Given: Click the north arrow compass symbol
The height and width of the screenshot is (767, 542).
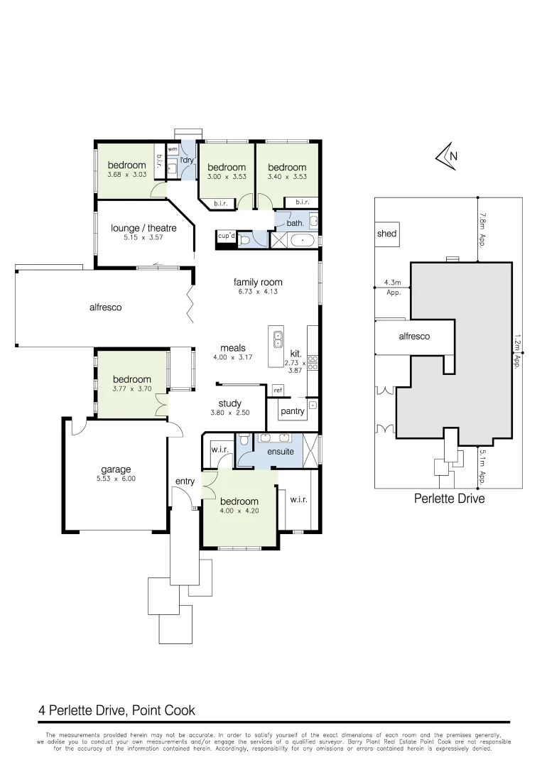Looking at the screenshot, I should [448, 158].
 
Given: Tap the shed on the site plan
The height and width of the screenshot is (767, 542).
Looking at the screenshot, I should [387, 234].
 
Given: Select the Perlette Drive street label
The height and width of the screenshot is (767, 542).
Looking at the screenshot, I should [449, 499].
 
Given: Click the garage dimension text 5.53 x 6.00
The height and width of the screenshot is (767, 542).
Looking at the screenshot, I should [116, 479].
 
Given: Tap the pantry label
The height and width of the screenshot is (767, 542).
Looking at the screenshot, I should [293, 411].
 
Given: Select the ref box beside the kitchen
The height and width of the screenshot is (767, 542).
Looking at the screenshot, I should [278, 391].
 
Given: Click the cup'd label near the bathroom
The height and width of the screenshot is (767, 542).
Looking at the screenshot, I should [226, 236].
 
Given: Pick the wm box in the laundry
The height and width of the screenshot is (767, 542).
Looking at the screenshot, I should [173, 149].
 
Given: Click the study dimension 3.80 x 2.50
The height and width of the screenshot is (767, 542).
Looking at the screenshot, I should [229, 413].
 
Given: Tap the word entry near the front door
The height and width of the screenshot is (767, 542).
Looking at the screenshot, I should [185, 482].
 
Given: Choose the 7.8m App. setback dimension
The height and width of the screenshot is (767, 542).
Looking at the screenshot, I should [482, 229].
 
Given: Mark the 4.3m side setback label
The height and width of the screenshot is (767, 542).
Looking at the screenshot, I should [393, 282].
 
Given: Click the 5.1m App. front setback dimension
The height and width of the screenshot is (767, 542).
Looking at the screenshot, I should [482, 467].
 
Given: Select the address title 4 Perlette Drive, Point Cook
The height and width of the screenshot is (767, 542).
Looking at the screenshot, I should [116, 710].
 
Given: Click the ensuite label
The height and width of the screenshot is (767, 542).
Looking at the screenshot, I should [280, 451].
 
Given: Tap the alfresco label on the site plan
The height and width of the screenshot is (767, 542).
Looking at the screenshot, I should [414, 336].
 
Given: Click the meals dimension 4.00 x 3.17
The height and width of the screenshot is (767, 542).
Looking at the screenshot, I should [233, 357].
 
